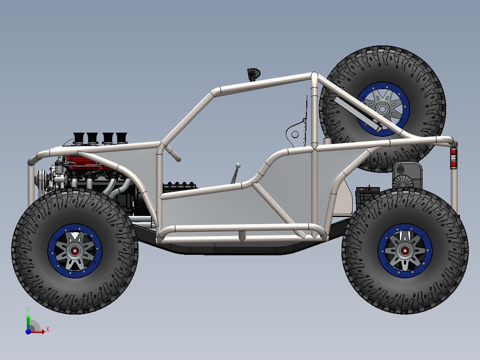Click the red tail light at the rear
click(453, 159)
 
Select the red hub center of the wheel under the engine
click(75, 251)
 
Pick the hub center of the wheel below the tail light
click(405, 251)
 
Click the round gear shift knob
click(238, 165)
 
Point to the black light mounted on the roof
click(253, 73)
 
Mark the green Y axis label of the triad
click(28, 309)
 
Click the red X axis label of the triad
click(47, 330)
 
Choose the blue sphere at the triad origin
click(28, 331)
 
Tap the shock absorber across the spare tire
click(358, 114)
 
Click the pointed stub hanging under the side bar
click(242, 236)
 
